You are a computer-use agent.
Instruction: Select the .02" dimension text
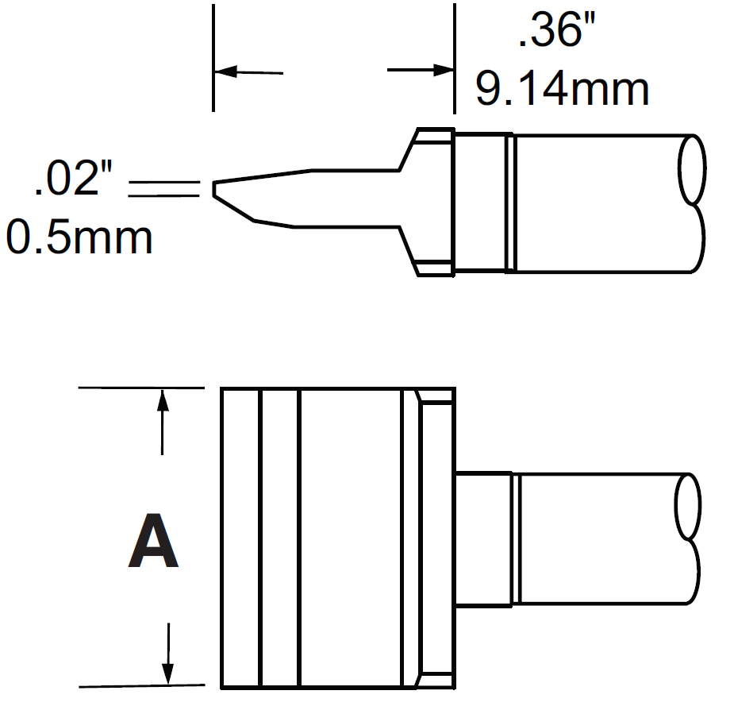coord(76,181)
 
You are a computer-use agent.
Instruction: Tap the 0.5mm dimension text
coord(79,236)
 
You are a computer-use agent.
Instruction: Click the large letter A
coord(153,543)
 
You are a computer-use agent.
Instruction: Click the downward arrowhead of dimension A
coord(167,673)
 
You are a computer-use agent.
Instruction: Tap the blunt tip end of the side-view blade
coord(214,190)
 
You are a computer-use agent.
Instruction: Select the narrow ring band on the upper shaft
coord(510,203)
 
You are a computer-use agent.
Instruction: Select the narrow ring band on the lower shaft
coord(515,540)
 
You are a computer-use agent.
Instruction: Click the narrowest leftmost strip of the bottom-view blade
coord(240,538)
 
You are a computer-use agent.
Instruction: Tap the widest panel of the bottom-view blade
coord(350,538)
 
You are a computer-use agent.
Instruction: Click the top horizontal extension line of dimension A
coord(143,388)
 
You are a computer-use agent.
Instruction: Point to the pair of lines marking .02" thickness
coord(163,188)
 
